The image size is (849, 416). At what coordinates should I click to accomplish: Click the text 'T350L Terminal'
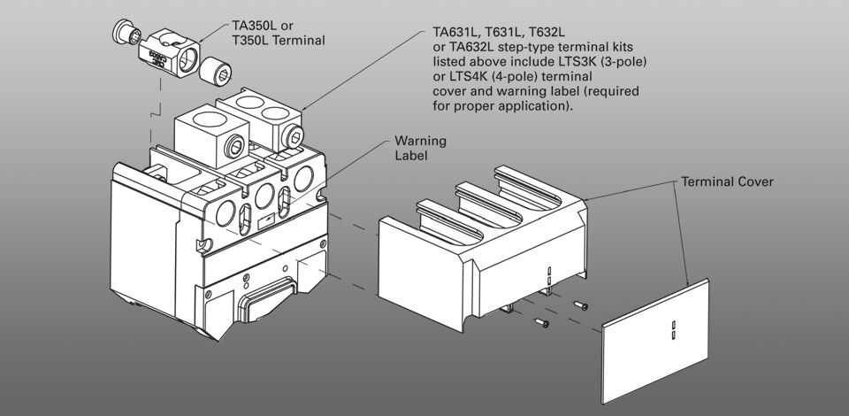point(284,41)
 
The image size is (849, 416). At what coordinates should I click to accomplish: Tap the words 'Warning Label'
point(420,148)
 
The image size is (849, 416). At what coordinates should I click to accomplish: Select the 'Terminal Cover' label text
point(727,181)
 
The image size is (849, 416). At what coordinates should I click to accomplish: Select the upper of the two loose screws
point(580,305)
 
